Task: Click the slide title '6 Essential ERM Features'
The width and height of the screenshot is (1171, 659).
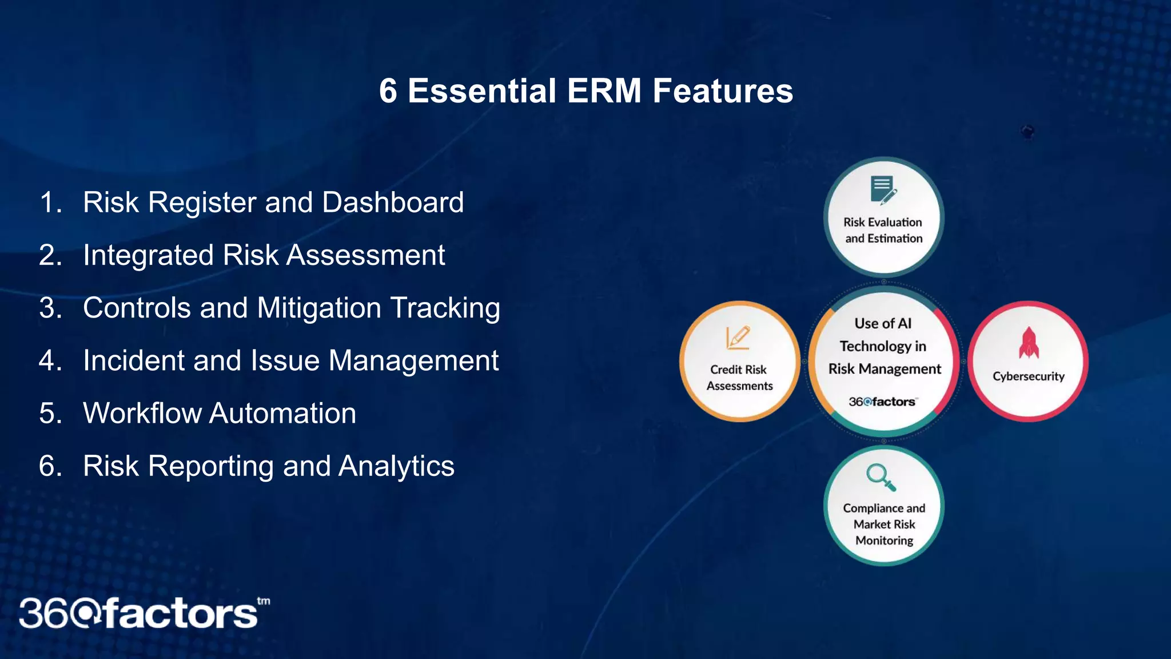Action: pyautogui.click(x=585, y=91)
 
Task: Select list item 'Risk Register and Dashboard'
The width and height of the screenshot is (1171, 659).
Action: pyautogui.click(x=273, y=203)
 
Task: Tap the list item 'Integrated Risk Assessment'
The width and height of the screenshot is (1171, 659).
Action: pyautogui.click(x=264, y=255)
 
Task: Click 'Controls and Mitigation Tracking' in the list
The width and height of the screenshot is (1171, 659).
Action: pyautogui.click(x=291, y=308)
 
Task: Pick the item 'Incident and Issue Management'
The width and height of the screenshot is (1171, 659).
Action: pyautogui.click(x=290, y=360)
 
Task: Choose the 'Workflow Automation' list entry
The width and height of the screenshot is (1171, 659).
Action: pyautogui.click(x=220, y=413)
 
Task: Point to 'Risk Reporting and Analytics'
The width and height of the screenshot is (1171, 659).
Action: pyautogui.click(x=269, y=466)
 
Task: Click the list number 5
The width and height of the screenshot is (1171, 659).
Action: pyautogui.click(x=50, y=413)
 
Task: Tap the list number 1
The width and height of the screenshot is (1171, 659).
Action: pyautogui.click(x=50, y=203)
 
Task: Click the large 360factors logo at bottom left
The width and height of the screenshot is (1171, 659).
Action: pyautogui.click(x=138, y=614)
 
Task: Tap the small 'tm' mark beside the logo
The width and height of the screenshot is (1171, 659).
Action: pyautogui.click(x=264, y=601)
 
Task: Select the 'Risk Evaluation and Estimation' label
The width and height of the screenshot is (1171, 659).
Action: pyautogui.click(x=883, y=230)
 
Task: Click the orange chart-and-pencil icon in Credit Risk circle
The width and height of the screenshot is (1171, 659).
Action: pyautogui.click(x=738, y=338)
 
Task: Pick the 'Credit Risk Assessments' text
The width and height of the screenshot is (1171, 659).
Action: pyautogui.click(x=739, y=378)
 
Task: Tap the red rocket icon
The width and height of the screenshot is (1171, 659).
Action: pyautogui.click(x=1029, y=343)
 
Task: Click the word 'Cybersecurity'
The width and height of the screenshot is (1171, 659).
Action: pyautogui.click(x=1028, y=376)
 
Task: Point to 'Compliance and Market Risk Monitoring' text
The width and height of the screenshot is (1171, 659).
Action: pyautogui.click(x=884, y=524)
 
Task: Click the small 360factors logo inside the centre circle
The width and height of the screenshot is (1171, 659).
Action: pyautogui.click(x=882, y=402)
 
